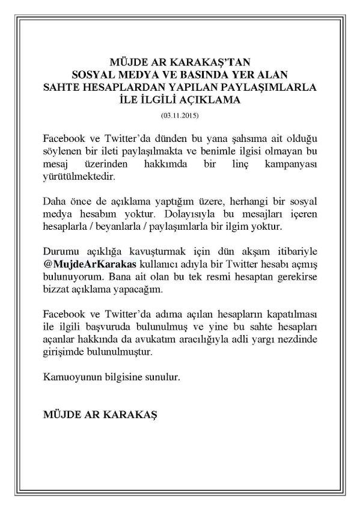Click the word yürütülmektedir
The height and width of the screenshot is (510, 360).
(x=79, y=179)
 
